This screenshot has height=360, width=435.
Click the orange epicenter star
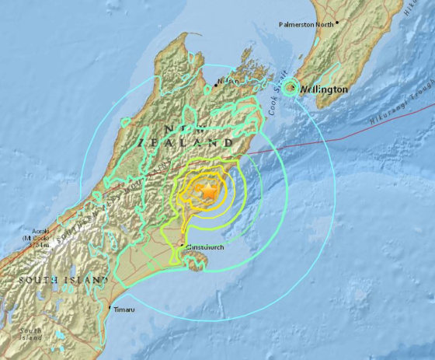click(x=208, y=190)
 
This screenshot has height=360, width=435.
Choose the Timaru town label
click(x=123, y=310)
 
